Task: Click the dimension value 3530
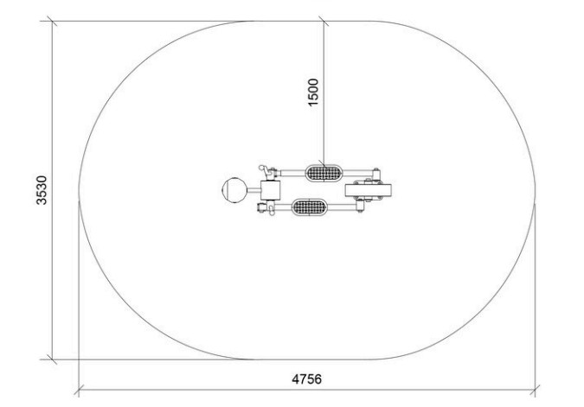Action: pyautogui.click(x=42, y=190)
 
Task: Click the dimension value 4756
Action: pyautogui.click(x=306, y=379)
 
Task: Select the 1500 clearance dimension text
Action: pyautogui.click(x=313, y=92)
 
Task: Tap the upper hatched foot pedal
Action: pyautogui.click(x=324, y=173)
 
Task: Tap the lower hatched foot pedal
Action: pyautogui.click(x=310, y=207)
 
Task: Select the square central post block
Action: pyautogui.click(x=270, y=190)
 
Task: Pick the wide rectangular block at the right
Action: pyautogui.click(x=368, y=190)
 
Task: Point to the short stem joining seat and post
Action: pyautogui.click(x=253, y=190)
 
